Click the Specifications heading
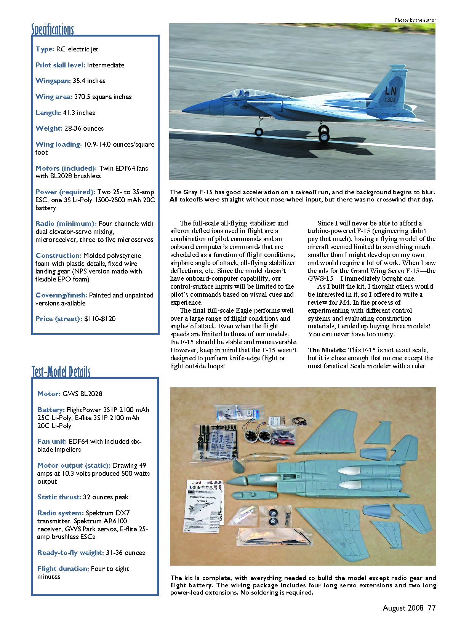(x=53, y=29)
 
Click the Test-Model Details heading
(x=61, y=371)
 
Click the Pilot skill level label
(x=60, y=65)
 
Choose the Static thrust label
(x=59, y=497)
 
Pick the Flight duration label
(x=63, y=569)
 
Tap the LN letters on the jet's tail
(x=391, y=91)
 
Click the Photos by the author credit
(x=415, y=20)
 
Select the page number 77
(x=432, y=608)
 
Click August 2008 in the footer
(x=403, y=608)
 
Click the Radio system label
(x=60, y=513)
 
